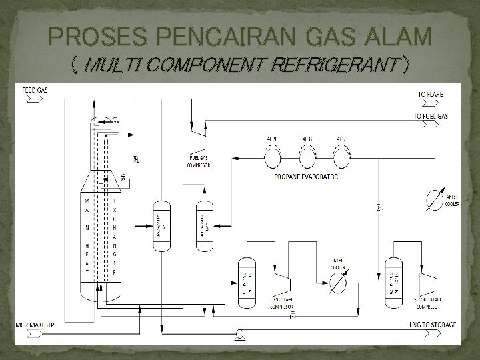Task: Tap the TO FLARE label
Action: point(431,95)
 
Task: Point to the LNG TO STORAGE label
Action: point(434,325)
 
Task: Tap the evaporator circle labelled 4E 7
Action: point(342,157)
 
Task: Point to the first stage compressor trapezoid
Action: point(279,284)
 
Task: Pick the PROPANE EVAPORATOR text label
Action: point(306,177)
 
